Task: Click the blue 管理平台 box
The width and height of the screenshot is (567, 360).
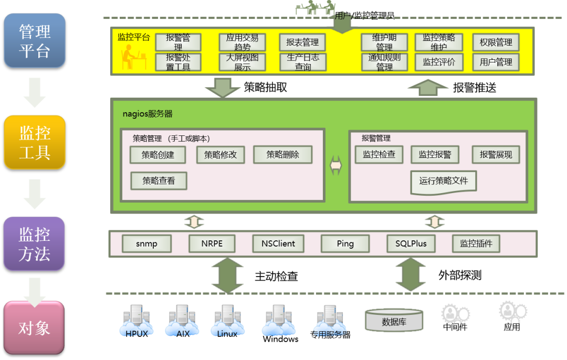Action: coord(35,41)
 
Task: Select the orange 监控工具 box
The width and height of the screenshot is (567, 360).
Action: coord(35,142)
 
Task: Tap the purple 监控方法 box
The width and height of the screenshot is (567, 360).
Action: coord(35,244)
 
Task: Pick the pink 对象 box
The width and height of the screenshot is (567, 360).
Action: coord(35,327)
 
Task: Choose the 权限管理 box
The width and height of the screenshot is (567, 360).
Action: coord(496,43)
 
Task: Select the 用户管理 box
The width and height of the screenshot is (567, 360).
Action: coord(496,62)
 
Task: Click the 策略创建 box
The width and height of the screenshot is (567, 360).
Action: coord(158,155)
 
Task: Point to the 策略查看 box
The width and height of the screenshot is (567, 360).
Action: coord(159,181)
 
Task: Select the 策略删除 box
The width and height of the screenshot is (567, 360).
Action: coord(282,155)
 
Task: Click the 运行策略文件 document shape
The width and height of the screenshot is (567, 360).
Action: coord(444,182)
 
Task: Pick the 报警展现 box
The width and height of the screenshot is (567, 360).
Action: coord(496,155)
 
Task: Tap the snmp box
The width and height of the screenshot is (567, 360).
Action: coord(146,243)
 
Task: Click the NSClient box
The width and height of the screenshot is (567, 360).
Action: coord(278,243)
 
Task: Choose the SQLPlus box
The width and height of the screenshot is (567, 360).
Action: coord(411,243)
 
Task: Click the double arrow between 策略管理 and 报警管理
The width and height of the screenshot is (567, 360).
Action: coord(336,165)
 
